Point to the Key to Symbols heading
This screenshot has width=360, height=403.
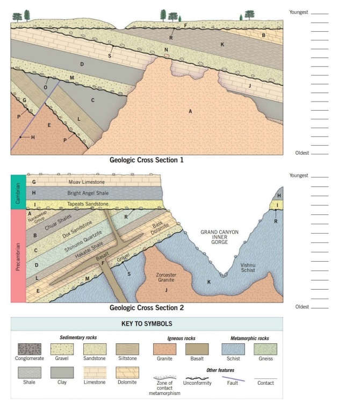point(147,325)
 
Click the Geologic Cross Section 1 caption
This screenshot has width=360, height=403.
point(147,160)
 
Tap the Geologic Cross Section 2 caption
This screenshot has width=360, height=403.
point(147,308)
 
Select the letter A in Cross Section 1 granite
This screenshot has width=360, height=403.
point(190,111)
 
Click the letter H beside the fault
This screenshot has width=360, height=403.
point(33,138)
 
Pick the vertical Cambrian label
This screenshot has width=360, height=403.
point(18,192)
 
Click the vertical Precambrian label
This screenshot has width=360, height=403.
point(18,255)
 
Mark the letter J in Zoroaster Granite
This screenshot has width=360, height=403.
point(167,290)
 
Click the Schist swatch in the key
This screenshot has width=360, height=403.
point(233,350)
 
